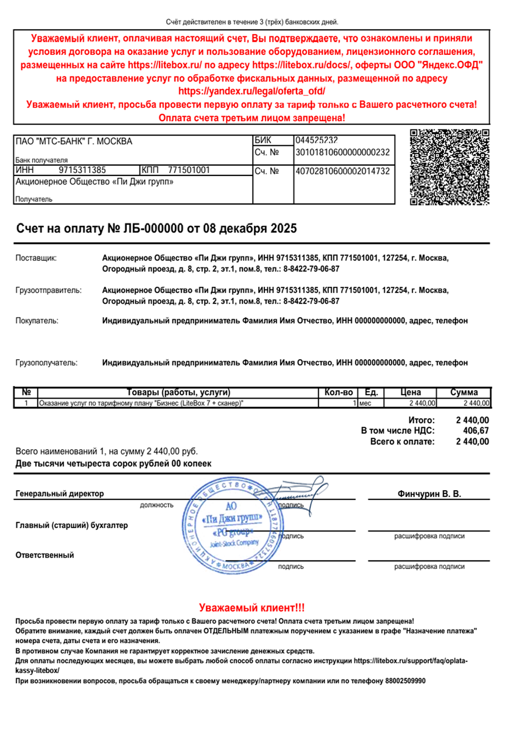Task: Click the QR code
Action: (x=449, y=167)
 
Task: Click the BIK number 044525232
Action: (x=316, y=140)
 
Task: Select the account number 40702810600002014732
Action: (x=343, y=171)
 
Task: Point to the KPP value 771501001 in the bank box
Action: (x=189, y=170)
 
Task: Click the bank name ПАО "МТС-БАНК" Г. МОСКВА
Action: (x=74, y=141)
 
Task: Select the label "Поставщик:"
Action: (x=36, y=258)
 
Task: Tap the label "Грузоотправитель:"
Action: (x=48, y=290)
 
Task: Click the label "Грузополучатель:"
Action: (x=46, y=362)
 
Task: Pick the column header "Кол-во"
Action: (x=338, y=392)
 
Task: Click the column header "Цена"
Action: (x=410, y=392)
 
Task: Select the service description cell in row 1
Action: (x=141, y=403)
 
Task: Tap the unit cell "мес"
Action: (x=365, y=403)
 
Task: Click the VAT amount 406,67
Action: (x=476, y=431)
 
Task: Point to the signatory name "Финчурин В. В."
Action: (x=429, y=493)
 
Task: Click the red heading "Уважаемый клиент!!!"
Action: (x=252, y=608)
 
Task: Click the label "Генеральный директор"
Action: (x=59, y=493)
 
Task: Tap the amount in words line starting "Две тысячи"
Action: (x=113, y=463)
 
